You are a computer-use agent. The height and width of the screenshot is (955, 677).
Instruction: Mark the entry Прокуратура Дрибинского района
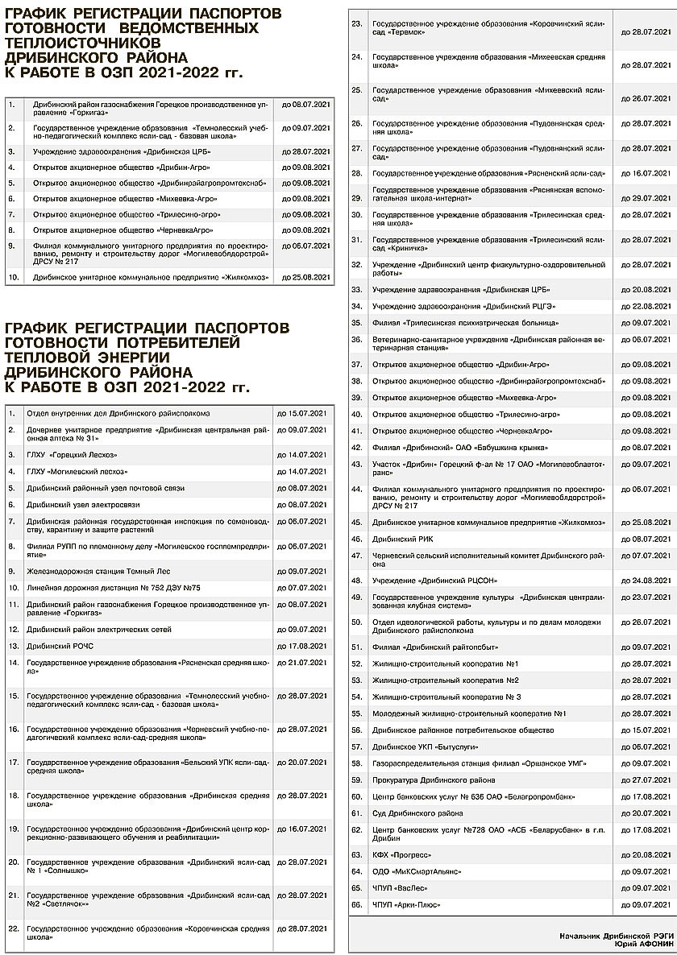click(434, 780)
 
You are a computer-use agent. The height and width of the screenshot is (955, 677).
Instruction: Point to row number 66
click(357, 905)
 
